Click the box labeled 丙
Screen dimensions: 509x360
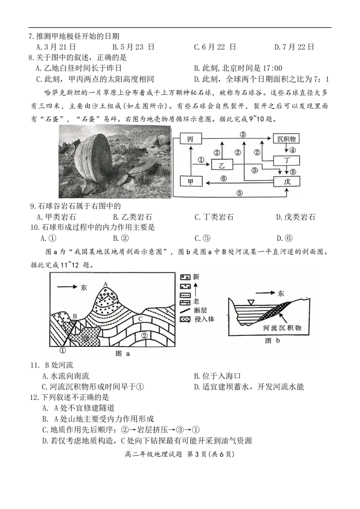pos(190,139)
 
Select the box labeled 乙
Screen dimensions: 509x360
pos(221,165)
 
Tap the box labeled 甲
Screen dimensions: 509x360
pos(190,181)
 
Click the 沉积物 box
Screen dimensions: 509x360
pos(286,139)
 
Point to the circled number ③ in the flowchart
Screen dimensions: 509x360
pos(243,134)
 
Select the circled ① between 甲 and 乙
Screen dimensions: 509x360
pos(201,159)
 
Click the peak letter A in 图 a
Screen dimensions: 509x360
pos(105,284)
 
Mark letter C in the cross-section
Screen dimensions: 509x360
pos(141,319)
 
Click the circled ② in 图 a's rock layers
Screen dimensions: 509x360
pos(144,335)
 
